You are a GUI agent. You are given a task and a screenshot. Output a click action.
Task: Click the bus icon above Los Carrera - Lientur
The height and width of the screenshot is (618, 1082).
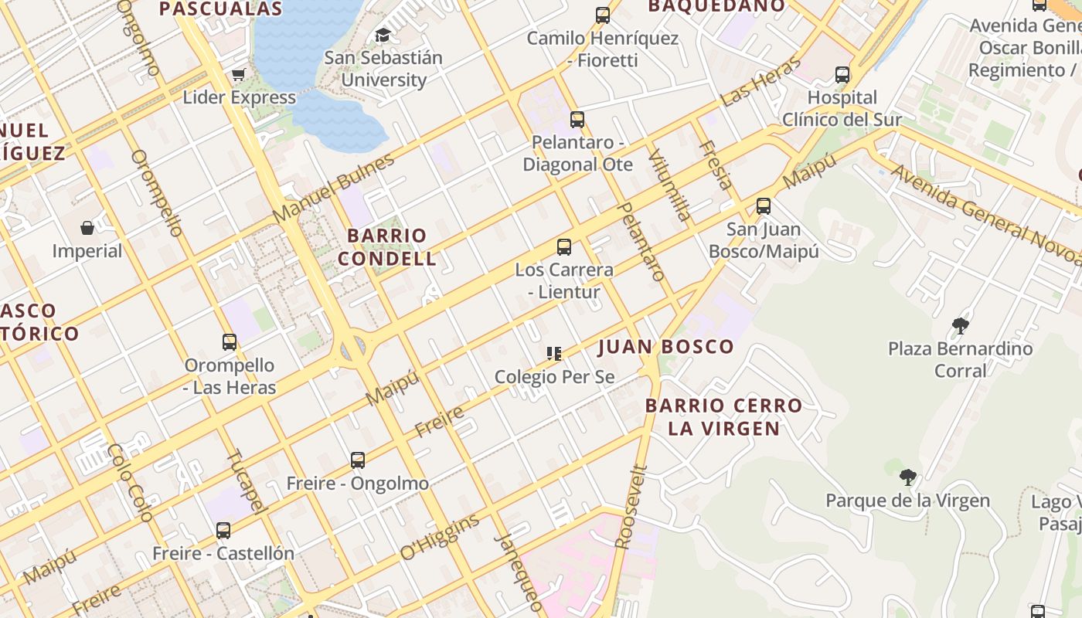point(564,247)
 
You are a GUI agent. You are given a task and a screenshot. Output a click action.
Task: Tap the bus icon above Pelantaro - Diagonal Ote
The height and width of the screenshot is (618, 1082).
point(577,120)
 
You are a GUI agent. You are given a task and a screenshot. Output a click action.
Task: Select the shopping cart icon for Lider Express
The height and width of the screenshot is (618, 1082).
point(238,75)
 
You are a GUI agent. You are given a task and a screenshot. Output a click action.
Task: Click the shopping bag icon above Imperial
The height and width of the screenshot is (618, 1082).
point(87,228)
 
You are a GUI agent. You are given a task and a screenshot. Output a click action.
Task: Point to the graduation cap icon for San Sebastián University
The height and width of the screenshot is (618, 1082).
point(383,35)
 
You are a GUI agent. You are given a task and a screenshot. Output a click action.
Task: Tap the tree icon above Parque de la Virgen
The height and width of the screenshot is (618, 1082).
point(908,477)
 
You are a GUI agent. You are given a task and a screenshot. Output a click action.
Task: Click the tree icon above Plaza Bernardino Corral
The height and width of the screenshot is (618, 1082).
point(961,325)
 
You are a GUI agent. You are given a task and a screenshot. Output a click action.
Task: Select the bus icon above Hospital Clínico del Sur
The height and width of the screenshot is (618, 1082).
point(842,75)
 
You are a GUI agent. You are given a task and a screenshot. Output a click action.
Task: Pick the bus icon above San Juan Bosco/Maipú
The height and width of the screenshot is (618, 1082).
point(764,206)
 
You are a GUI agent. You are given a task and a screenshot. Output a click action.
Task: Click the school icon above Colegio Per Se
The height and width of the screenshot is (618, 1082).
point(554,354)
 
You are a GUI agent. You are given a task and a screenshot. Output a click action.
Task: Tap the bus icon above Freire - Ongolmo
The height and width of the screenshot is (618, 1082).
point(358,460)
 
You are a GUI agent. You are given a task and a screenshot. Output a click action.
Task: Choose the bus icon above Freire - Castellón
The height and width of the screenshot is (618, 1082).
point(223,531)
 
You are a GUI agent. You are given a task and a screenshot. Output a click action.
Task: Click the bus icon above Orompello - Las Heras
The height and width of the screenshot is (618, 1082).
point(230,342)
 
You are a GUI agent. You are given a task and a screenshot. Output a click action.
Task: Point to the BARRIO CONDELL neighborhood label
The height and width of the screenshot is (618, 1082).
point(387,247)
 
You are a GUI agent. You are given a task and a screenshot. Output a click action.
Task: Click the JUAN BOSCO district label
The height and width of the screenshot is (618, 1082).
point(666,347)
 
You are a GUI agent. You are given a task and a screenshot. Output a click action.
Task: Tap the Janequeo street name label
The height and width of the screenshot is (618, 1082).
point(519,572)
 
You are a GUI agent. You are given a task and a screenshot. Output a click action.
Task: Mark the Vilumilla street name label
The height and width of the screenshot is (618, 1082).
point(669,185)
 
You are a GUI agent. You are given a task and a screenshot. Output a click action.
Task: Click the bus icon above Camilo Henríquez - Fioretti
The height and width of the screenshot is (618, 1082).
point(603,15)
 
